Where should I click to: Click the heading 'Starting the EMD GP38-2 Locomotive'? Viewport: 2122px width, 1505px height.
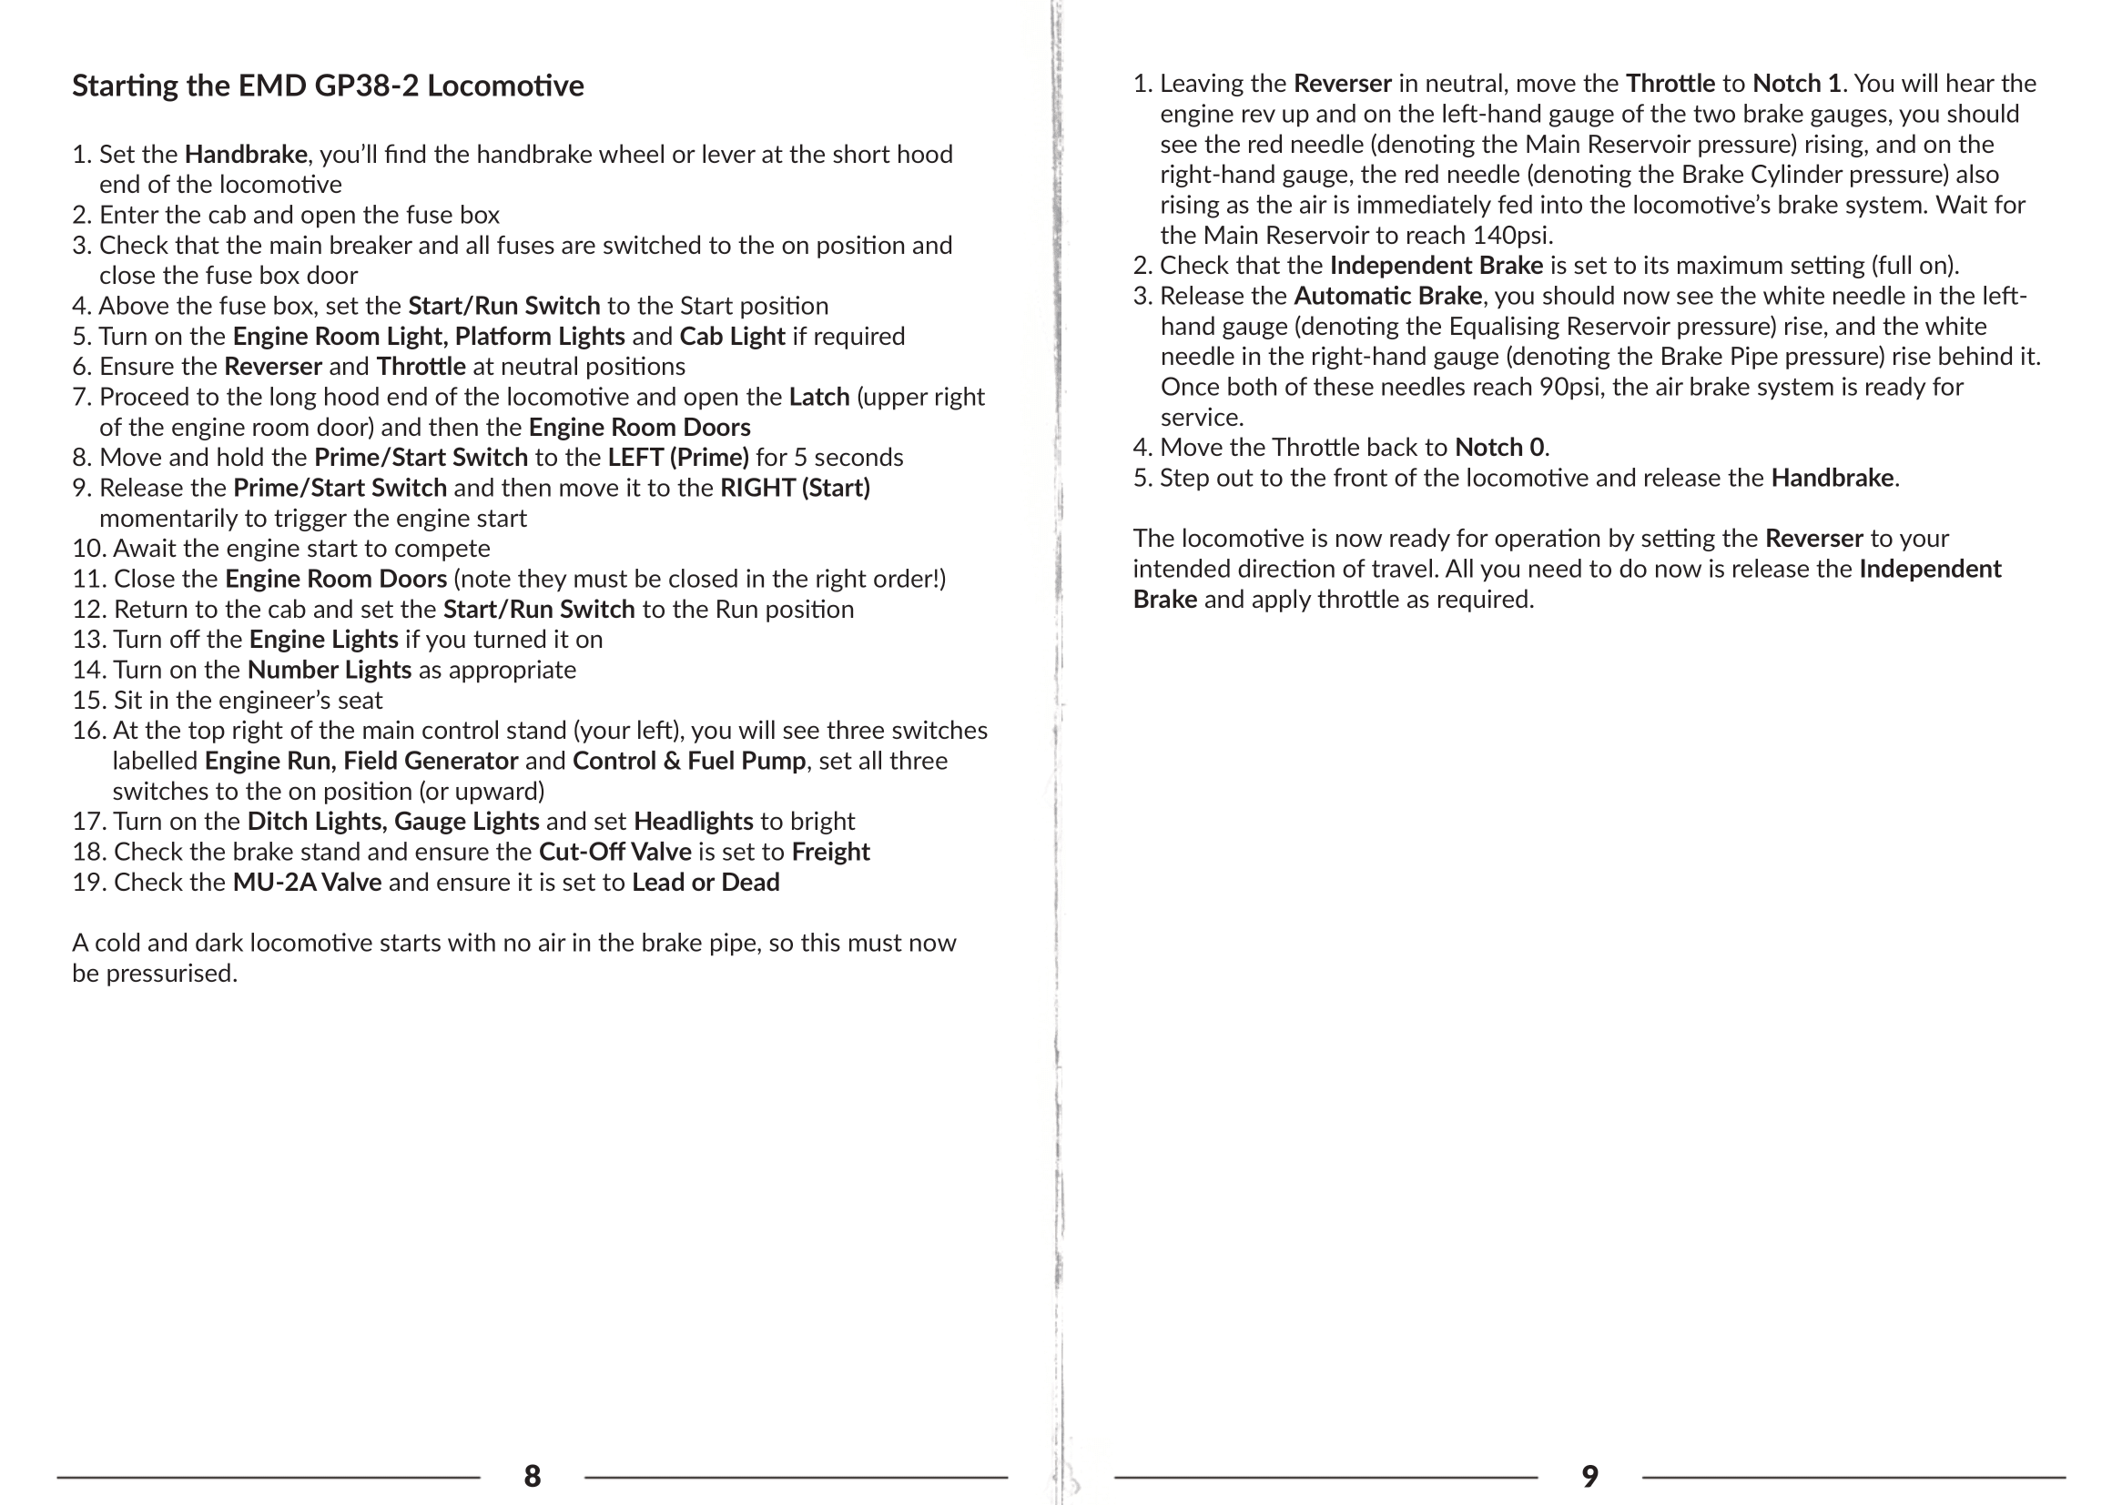(x=328, y=86)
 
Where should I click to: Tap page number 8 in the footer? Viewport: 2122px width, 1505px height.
(x=533, y=1475)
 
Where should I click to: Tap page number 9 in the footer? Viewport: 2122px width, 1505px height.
(x=1589, y=1475)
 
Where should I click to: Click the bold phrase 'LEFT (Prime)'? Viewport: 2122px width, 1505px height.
(x=677, y=458)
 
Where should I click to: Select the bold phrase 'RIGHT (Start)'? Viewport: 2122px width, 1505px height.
(x=795, y=488)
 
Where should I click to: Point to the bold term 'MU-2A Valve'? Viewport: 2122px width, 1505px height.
(x=307, y=883)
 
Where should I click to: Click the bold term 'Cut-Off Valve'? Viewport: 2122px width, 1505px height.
(x=614, y=852)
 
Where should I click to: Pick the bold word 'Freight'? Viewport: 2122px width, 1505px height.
(x=830, y=852)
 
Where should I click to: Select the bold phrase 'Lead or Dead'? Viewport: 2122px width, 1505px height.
(x=706, y=883)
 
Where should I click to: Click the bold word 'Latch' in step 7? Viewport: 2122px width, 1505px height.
(x=818, y=397)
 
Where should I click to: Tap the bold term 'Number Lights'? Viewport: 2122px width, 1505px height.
(x=330, y=670)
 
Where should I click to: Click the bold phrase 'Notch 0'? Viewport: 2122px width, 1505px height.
(x=1499, y=448)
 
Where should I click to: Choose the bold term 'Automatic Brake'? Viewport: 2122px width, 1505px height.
(x=1387, y=297)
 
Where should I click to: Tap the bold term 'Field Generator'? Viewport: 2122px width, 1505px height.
(x=431, y=761)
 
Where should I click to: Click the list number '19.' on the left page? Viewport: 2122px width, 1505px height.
(x=89, y=883)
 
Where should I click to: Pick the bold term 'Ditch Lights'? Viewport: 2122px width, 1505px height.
(x=314, y=821)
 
